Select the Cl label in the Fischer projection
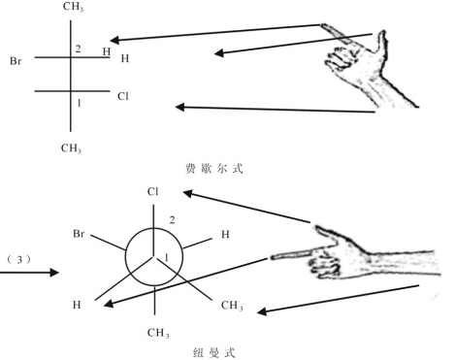pos(122,96)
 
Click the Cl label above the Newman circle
pos(152,192)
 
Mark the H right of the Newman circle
pos(225,236)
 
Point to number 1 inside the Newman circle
pos(166,257)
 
